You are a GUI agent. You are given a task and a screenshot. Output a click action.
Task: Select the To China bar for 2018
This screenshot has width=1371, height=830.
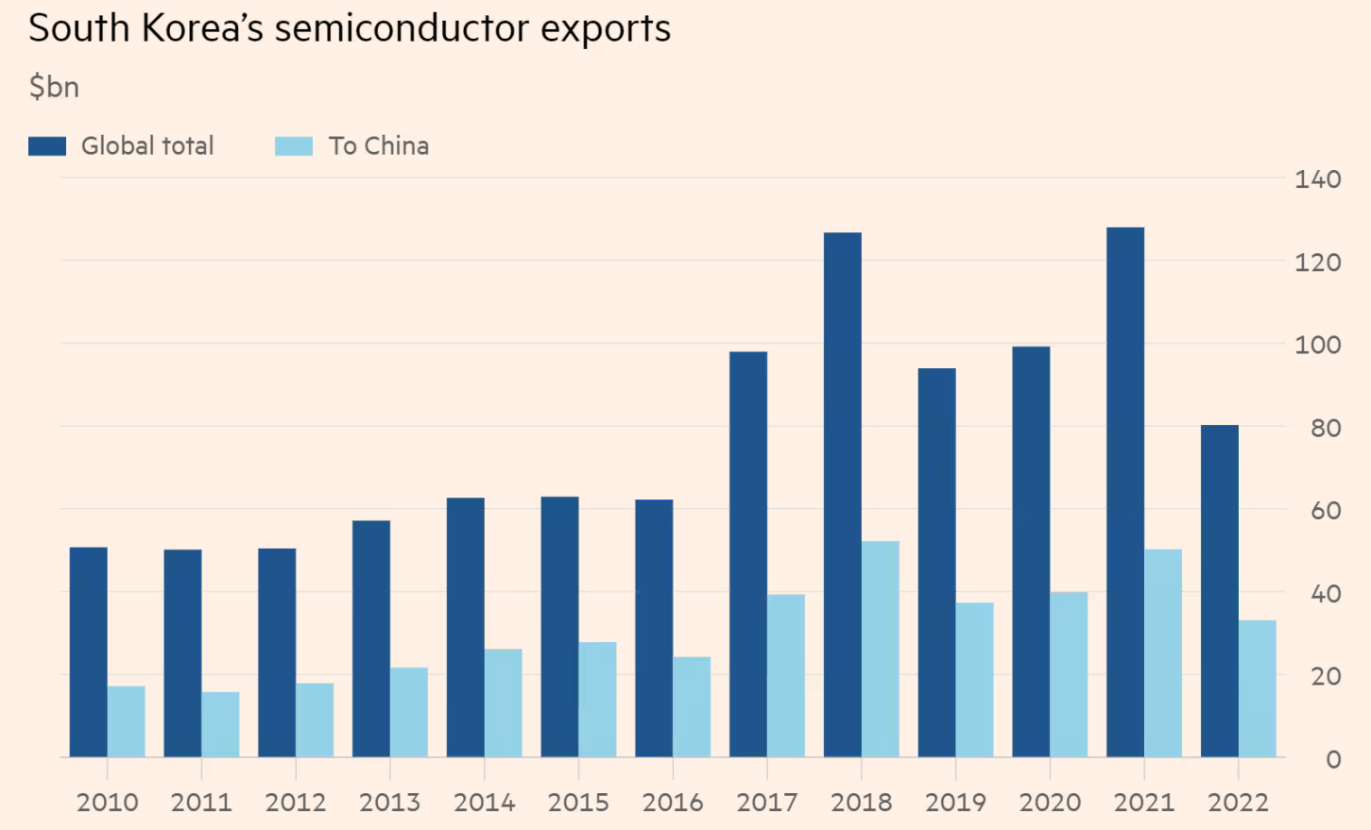tap(880, 649)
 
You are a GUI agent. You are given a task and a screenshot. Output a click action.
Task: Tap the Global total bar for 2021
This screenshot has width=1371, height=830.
tap(1124, 492)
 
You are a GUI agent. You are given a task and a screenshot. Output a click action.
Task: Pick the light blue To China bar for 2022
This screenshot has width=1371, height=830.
tap(1257, 688)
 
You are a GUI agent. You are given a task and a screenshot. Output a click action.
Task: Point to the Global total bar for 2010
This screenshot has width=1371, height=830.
tap(88, 652)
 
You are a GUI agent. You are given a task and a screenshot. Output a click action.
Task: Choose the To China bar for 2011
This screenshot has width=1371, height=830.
tap(220, 724)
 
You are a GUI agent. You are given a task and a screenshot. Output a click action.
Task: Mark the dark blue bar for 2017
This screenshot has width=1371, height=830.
tap(747, 554)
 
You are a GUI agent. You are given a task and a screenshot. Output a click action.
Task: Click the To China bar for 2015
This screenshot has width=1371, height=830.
tap(597, 699)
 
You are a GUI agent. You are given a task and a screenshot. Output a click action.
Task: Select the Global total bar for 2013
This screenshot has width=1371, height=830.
tap(370, 638)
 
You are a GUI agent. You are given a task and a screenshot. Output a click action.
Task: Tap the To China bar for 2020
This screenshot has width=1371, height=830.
tap(1068, 674)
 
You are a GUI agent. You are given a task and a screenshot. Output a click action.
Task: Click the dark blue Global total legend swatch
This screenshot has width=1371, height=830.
tap(47, 146)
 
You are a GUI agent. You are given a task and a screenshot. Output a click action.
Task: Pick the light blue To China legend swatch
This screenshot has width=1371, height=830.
tap(293, 146)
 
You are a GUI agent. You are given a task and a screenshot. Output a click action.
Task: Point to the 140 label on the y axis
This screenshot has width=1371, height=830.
tap(1317, 179)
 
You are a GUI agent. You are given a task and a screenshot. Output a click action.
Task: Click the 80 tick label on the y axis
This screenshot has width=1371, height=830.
tap(1326, 429)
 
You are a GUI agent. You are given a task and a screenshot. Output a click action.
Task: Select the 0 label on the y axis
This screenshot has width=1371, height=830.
tap(1333, 759)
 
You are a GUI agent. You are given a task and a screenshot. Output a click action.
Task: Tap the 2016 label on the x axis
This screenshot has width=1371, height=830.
tap(673, 803)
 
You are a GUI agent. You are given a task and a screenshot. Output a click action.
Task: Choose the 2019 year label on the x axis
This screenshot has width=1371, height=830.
tap(955, 803)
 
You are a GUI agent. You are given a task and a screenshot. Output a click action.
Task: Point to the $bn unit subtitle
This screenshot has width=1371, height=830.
tap(54, 87)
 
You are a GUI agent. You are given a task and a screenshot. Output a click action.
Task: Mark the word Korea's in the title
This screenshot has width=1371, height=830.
tap(202, 28)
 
